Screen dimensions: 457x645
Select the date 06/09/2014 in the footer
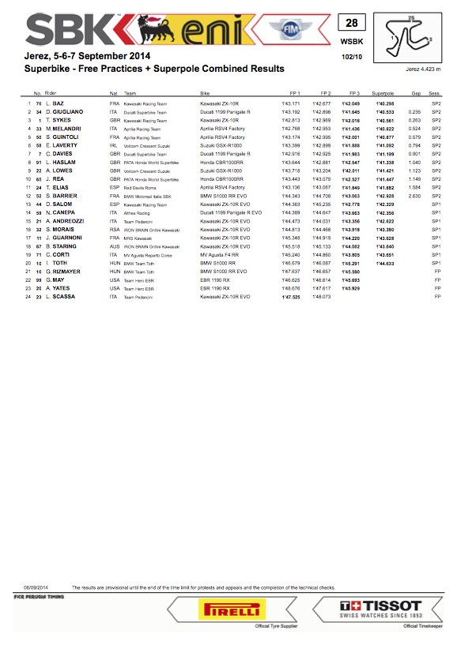pos(36,587)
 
